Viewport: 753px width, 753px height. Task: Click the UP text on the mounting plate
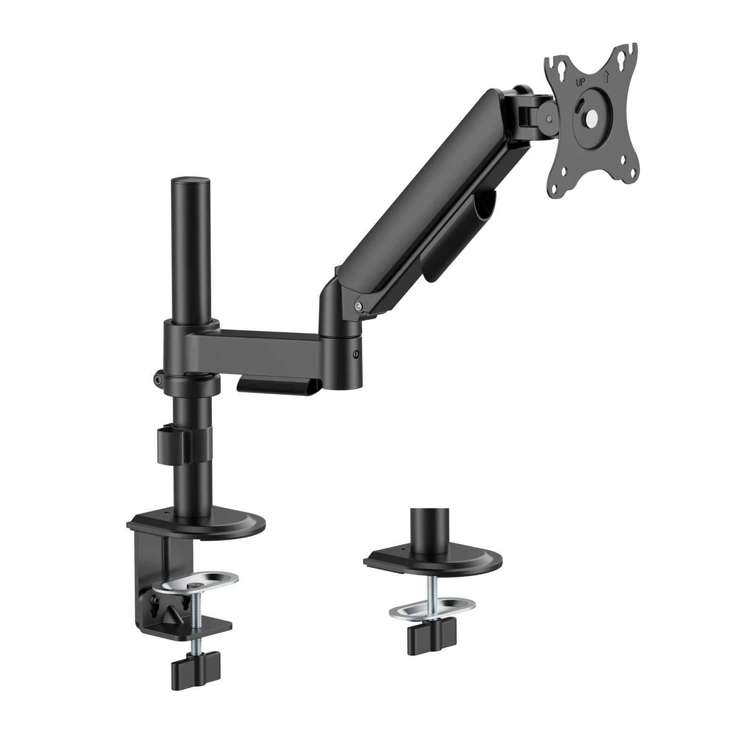582,81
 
